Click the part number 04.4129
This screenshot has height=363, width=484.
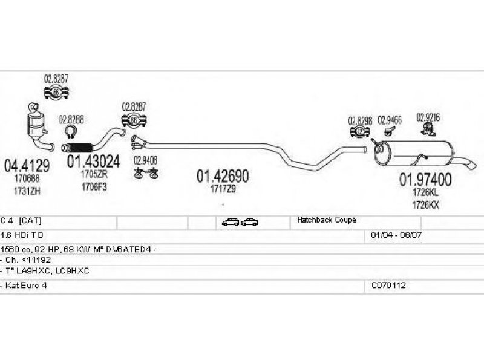pos(27,164)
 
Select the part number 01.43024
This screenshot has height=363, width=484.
pos(93,162)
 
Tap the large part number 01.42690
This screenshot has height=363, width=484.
pos(222,176)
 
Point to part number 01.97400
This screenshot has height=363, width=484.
pos(425,179)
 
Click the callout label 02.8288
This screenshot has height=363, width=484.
pos(71,119)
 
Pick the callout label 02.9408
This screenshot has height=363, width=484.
pos(146,160)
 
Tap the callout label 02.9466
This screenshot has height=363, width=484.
pos(390,120)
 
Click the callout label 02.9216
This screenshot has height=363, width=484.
pos(428,116)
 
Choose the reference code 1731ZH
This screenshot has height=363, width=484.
pos(27,191)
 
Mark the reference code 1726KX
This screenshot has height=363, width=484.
pos(425,205)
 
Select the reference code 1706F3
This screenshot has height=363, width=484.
pos(94,186)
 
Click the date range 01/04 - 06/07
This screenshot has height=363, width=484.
pos(391,234)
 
